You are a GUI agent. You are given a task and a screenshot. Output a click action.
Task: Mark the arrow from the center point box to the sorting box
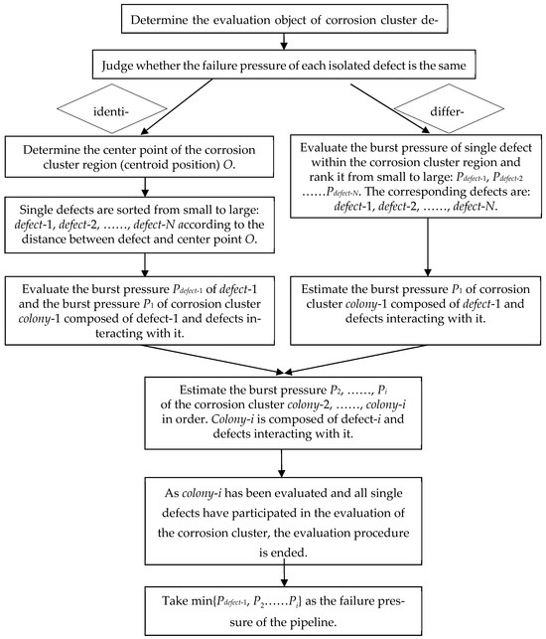coord(144,191)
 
